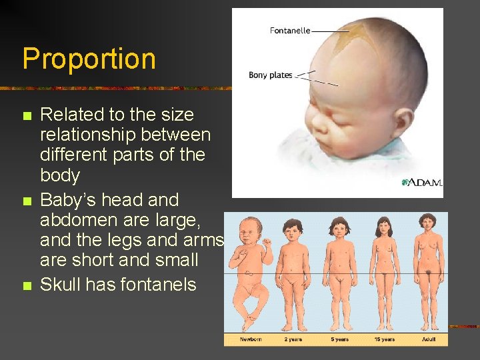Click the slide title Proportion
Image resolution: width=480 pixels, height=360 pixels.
89,59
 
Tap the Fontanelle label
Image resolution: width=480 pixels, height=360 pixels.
289,31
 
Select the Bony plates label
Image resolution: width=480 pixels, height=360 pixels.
270,75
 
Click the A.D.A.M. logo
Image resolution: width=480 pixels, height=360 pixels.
421,183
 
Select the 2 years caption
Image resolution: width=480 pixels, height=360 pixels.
293,339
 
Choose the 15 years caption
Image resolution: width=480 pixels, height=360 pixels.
384,339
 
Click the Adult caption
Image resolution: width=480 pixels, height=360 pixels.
429,339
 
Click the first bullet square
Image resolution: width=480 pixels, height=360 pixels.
27,116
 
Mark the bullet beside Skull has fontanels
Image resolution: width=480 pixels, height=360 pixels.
27,286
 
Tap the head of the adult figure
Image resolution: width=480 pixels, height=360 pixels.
427,225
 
